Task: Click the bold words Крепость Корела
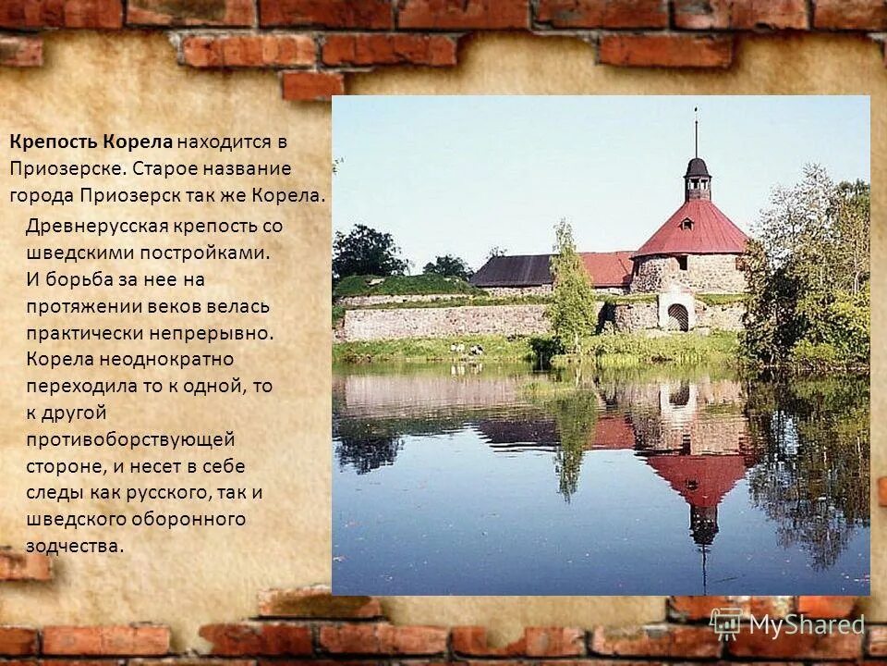(x=91, y=142)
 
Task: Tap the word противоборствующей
(x=130, y=439)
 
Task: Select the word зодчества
(x=74, y=546)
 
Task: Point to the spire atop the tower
(x=696, y=134)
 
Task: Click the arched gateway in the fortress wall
(x=678, y=316)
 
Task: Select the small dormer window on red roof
(x=687, y=223)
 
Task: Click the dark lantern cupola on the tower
(x=698, y=178)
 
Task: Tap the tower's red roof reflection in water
(x=699, y=476)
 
